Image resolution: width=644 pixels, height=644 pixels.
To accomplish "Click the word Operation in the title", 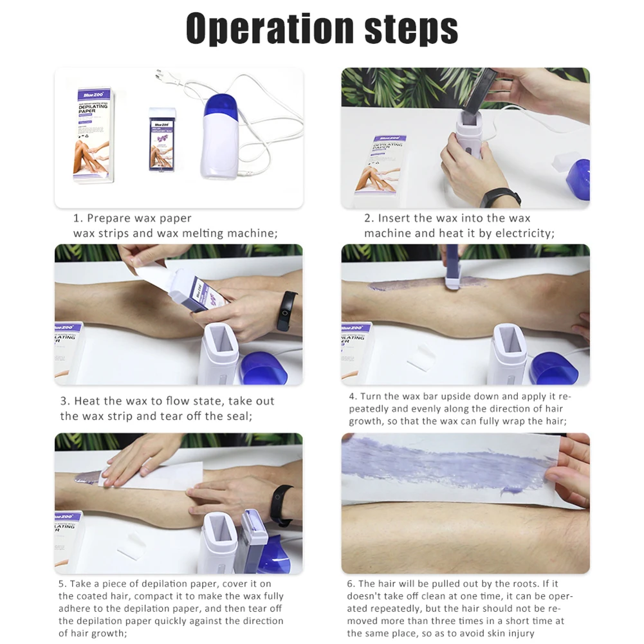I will [x=270, y=28].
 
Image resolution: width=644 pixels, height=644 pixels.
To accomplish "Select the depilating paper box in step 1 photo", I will [x=93, y=135].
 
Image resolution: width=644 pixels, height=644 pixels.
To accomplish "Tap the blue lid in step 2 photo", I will [x=578, y=177].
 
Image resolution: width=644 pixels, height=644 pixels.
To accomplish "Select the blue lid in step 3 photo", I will [x=264, y=369].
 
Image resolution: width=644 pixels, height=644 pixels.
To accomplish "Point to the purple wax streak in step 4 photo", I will [x=412, y=284].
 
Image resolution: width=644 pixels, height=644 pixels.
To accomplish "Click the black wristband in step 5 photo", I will [x=281, y=505].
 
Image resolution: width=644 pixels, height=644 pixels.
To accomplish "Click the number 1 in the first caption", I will [x=77, y=218].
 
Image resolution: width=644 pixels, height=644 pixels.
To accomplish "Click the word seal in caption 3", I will [x=239, y=416].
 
